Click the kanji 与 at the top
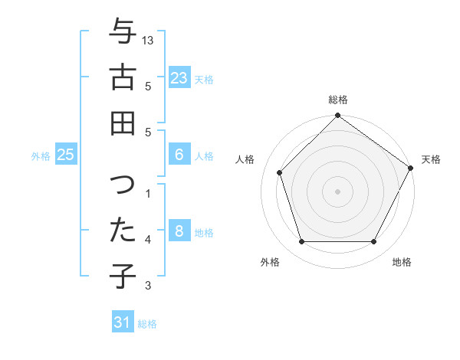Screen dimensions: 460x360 (x=123, y=31)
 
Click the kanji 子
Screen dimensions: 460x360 (x=123, y=277)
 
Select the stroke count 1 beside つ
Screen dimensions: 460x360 (x=149, y=194)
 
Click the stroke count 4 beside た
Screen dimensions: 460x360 (x=149, y=240)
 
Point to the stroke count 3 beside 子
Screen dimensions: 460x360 (x=149, y=286)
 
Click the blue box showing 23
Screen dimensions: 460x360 (x=179, y=78)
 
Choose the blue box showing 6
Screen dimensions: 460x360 (x=179, y=155)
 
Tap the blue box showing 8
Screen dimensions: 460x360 (x=179, y=231)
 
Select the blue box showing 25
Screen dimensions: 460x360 (x=65, y=155)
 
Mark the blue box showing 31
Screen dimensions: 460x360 (x=123, y=322)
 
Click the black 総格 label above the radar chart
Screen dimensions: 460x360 (x=338, y=100)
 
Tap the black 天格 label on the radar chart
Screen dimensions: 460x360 (x=431, y=159)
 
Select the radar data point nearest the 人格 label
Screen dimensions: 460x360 (x=280, y=172)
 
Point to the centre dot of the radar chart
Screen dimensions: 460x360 (x=338, y=191)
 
